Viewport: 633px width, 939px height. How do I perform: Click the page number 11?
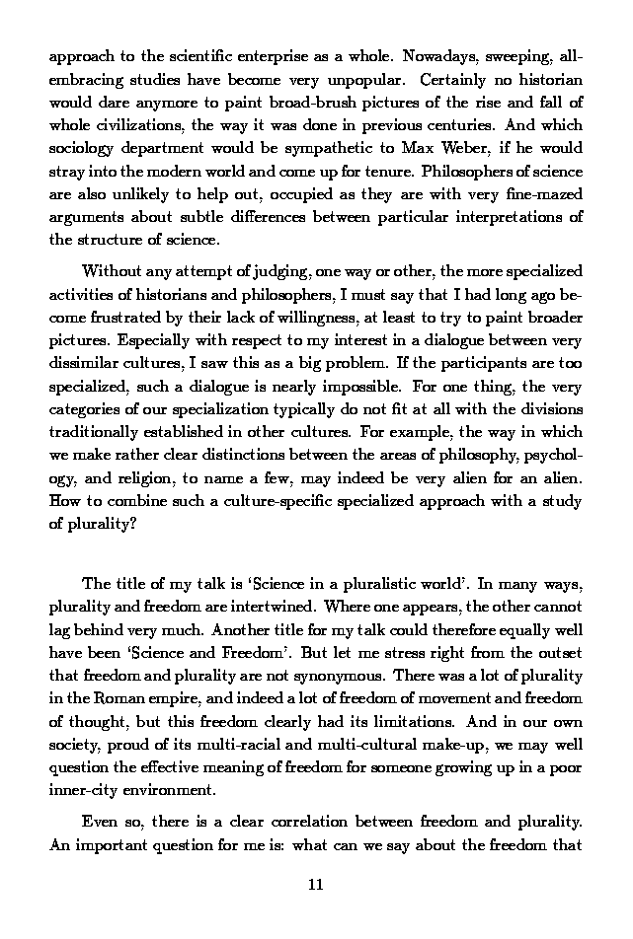point(316,884)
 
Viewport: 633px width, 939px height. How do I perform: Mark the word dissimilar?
point(83,363)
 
